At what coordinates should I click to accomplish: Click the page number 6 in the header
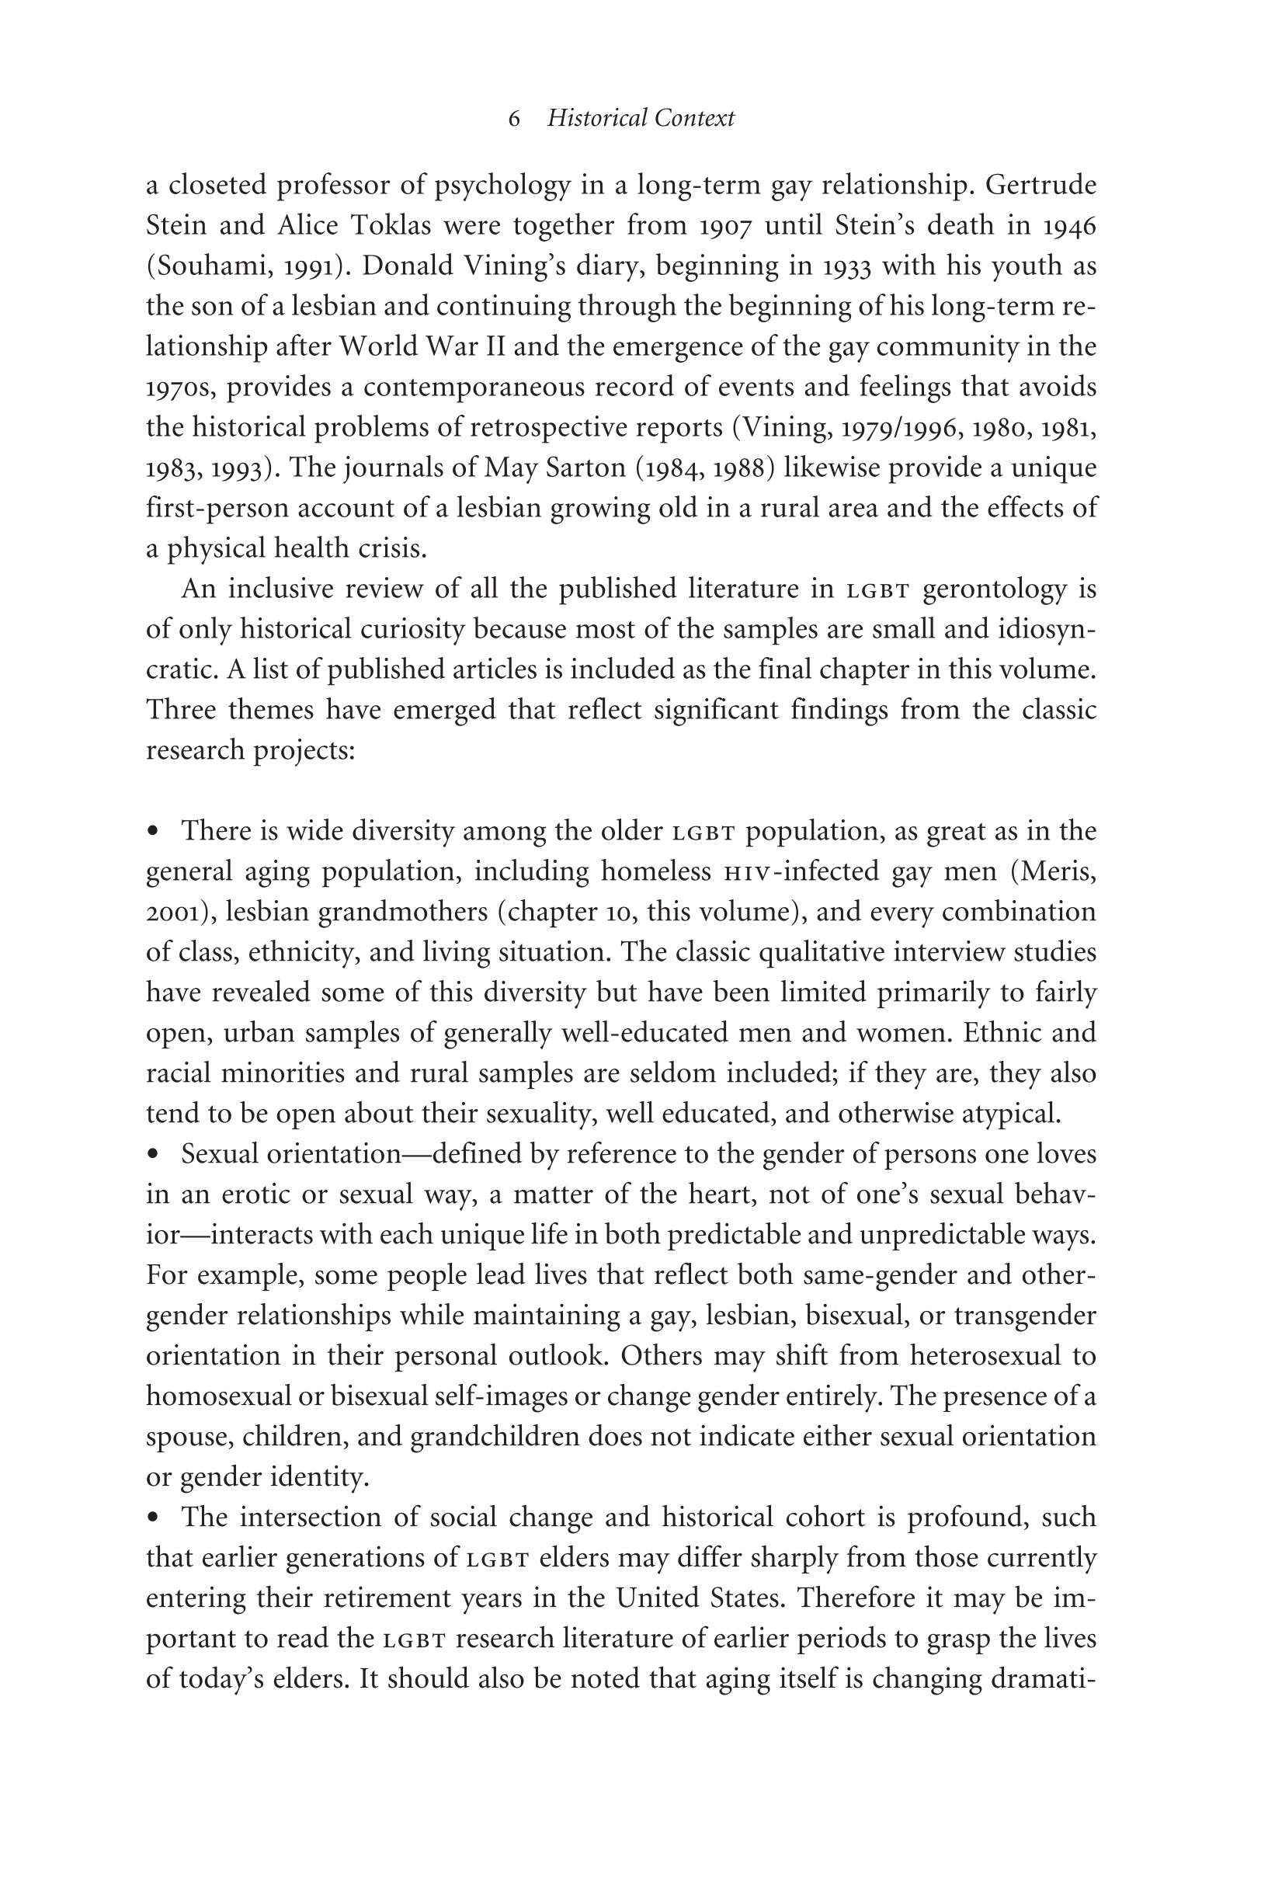(514, 119)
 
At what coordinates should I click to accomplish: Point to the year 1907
(726, 226)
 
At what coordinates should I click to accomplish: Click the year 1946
(1069, 226)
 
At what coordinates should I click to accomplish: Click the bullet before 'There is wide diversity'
(153, 831)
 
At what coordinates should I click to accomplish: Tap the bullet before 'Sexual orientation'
(153, 1154)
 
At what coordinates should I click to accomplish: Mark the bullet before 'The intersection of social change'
(153, 1517)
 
